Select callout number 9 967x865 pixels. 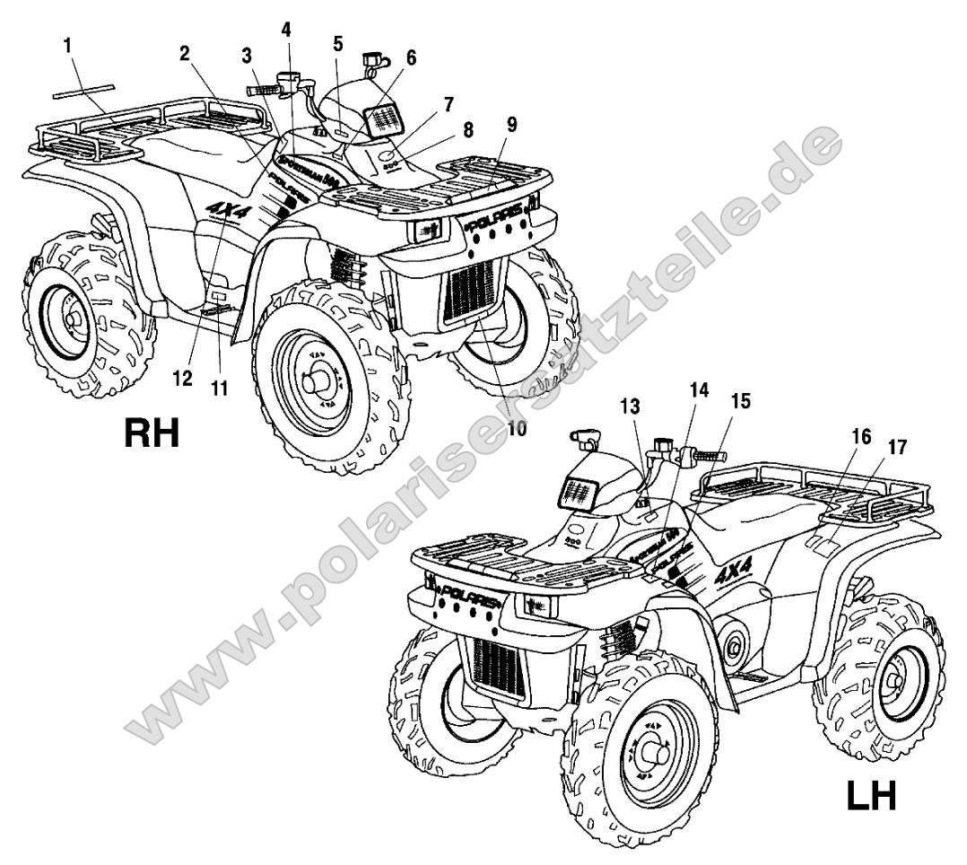pyautogui.click(x=510, y=125)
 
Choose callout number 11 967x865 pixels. pyautogui.click(x=219, y=389)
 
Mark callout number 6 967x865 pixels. pyautogui.click(x=412, y=57)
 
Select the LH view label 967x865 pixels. pyautogui.click(x=870, y=794)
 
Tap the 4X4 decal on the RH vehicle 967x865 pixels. pyautogui.click(x=228, y=209)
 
